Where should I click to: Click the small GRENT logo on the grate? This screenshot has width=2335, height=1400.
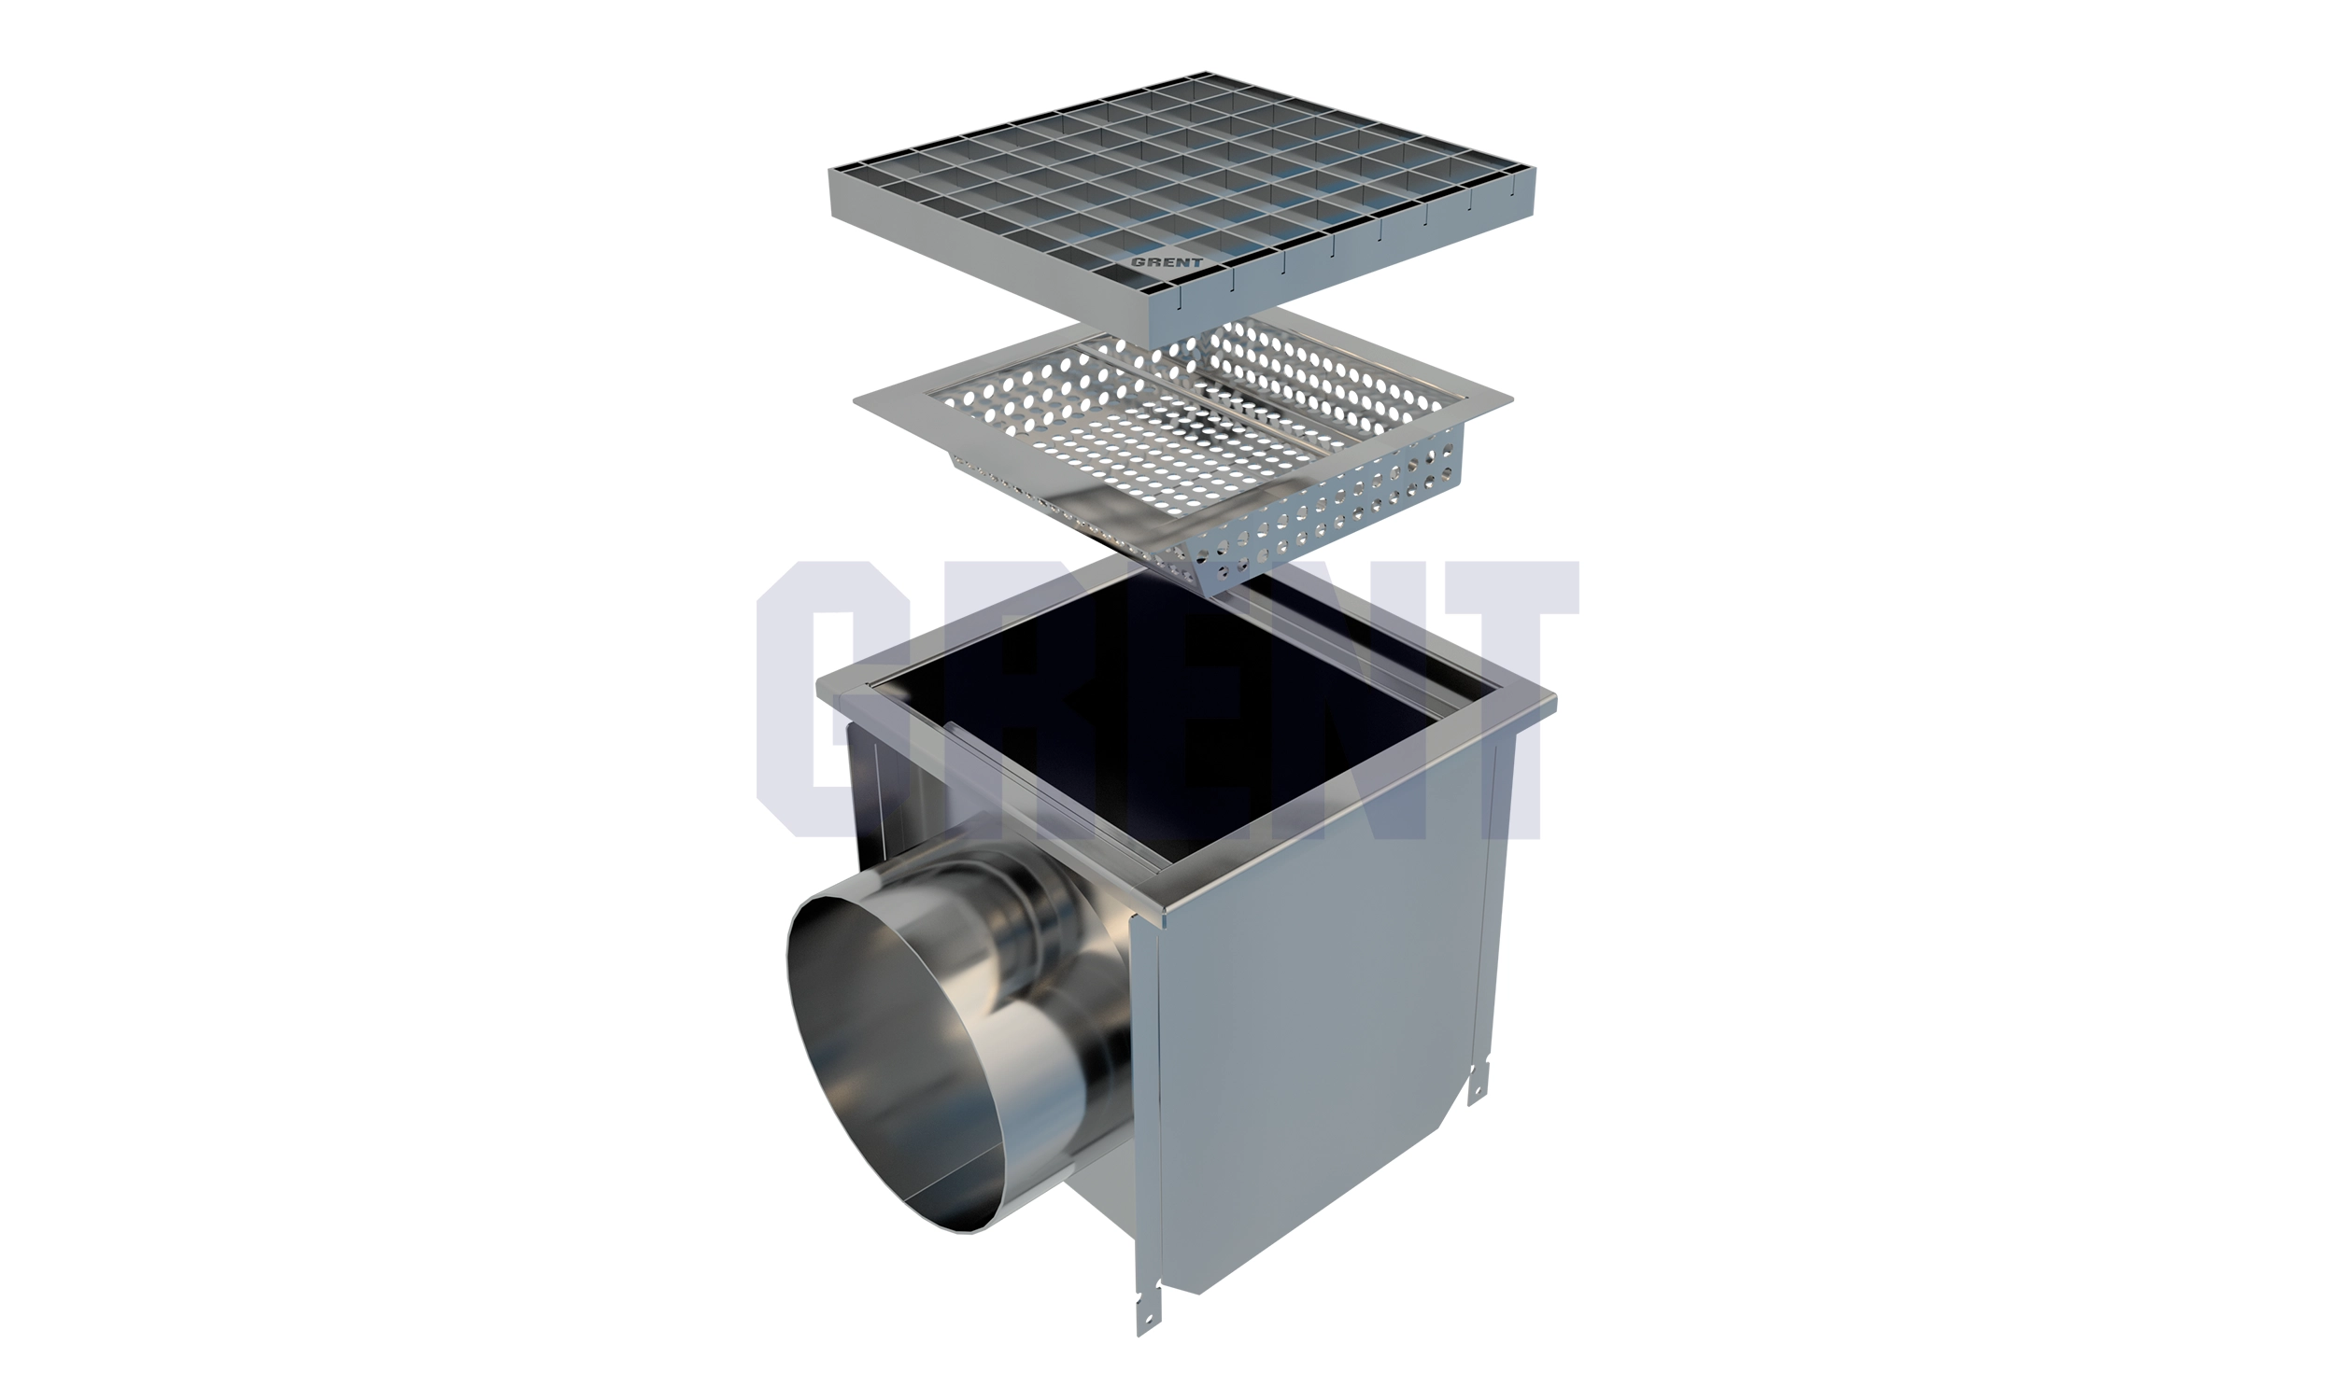click(x=1167, y=262)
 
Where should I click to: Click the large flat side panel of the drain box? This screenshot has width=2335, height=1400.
click(x=1322, y=1019)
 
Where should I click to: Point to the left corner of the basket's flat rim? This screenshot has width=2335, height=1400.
click(x=855, y=402)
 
